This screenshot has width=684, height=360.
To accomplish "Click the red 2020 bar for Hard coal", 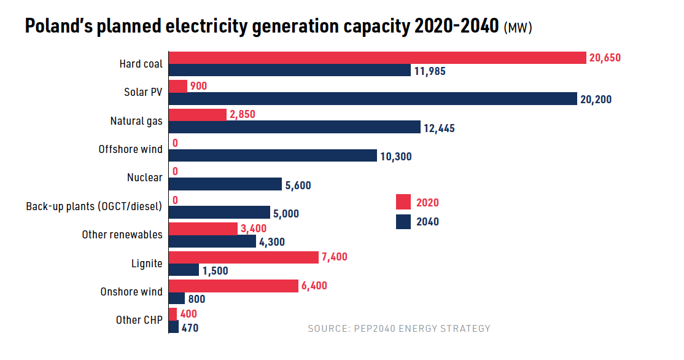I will pyautogui.click(x=377, y=58).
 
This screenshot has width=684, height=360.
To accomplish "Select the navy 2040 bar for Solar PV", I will pyautogui.click(x=373, y=99).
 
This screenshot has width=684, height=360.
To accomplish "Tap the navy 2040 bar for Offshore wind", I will pyautogui.click(x=273, y=156).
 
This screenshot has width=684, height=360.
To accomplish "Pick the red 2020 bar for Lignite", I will pyautogui.click(x=244, y=257).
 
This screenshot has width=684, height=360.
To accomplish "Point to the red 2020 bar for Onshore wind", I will pyautogui.click(x=234, y=286).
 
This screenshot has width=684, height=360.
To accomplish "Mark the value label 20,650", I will pyautogui.click(x=605, y=58).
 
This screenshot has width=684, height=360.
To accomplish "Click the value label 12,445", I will pyautogui.click(x=439, y=128).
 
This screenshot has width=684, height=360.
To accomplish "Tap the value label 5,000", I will pyautogui.click(x=287, y=213).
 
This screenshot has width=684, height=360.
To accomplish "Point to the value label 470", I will pyautogui.click(x=190, y=328).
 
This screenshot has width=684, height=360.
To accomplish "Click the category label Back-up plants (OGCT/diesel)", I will pyautogui.click(x=94, y=206).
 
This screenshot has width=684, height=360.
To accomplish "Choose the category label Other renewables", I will pyautogui.click(x=122, y=235).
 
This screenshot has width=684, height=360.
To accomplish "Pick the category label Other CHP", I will pyautogui.click(x=139, y=320).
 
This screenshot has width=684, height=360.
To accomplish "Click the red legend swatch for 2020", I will pyautogui.click(x=403, y=202).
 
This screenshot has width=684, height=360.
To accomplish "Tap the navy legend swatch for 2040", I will pyautogui.click(x=403, y=222).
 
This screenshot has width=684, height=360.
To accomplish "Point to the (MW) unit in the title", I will pyautogui.click(x=518, y=28).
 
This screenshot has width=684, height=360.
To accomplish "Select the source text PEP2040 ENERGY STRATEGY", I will pyautogui.click(x=423, y=329).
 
